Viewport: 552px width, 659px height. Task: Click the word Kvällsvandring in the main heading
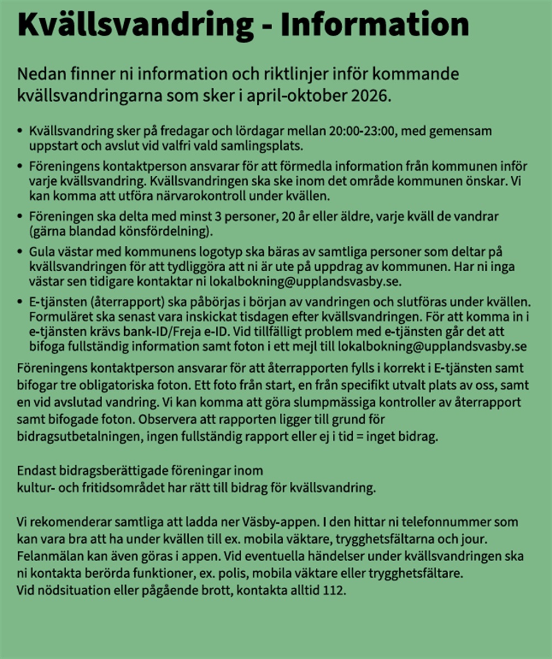tap(133, 25)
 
